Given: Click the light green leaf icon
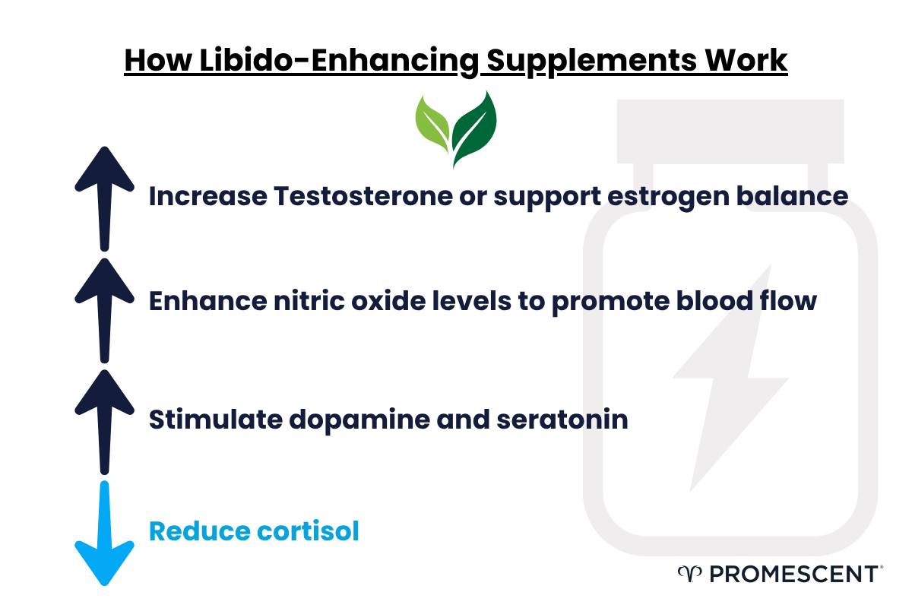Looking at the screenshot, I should pos(434,122).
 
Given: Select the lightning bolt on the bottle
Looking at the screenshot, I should pos(730,376).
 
